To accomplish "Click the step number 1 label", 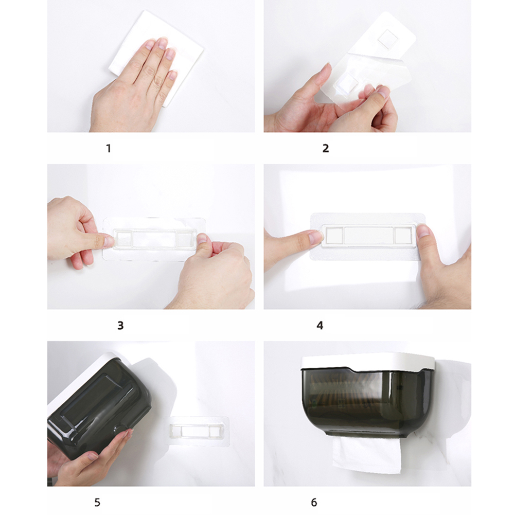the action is pos(109,149).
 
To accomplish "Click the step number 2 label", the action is pos(326,149).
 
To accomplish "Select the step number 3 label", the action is pos(120,326).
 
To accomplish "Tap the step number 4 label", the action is pos(320,326).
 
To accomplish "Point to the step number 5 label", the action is pos(97,503).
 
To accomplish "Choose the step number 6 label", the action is pos(314,503).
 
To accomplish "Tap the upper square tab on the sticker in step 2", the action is pos(387,39).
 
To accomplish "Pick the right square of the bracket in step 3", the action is pos(185,238).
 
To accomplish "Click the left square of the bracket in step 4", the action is pos(334,236).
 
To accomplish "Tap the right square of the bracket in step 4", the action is pos(403,236).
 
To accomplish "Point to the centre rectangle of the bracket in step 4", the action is pos(368,236).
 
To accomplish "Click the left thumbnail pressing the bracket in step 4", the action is pos(316,236).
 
